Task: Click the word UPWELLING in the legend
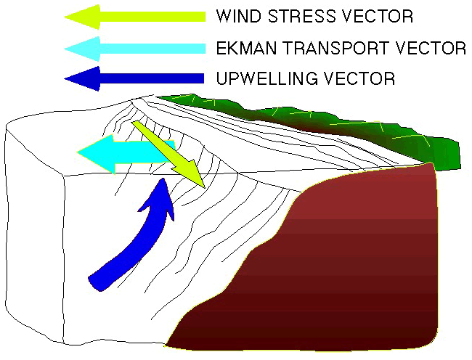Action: (x=267, y=78)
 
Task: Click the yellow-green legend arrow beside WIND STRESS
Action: (x=135, y=17)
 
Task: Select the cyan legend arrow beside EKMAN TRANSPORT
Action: (x=135, y=49)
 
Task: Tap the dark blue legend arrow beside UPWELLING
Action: (x=134, y=78)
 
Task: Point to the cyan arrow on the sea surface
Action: (x=126, y=153)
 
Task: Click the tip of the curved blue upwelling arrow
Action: (x=163, y=179)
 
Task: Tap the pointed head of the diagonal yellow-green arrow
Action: (x=205, y=188)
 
